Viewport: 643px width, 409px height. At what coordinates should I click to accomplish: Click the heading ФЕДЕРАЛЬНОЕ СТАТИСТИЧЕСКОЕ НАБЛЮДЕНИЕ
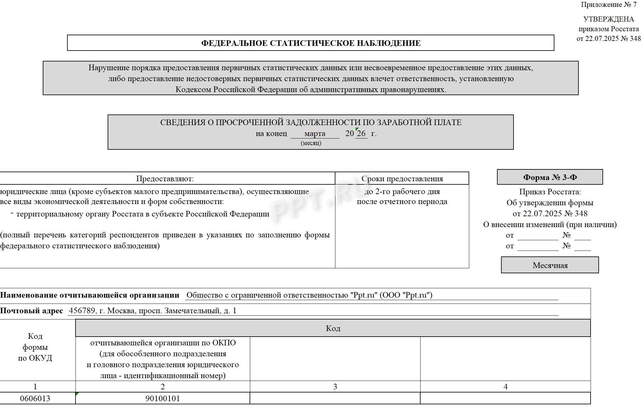[x=310, y=43]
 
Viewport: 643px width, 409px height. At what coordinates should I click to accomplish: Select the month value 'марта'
[x=314, y=134]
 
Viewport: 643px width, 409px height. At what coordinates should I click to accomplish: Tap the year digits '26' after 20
[x=361, y=134]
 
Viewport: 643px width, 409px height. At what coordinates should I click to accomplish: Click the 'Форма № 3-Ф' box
[x=550, y=177]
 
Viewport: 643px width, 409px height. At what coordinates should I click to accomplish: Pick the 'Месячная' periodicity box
[x=550, y=265]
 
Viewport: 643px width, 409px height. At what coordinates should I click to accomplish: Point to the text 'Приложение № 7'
[x=608, y=5]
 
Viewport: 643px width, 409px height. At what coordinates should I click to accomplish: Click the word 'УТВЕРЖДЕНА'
[x=608, y=19]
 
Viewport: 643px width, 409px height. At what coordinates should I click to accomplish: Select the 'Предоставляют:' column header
[x=165, y=179]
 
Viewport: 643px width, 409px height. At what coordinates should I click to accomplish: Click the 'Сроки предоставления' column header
[x=402, y=179]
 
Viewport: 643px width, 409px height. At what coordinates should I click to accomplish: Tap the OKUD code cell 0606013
[x=35, y=398]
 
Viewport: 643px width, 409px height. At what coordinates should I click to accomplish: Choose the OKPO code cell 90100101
[x=163, y=398]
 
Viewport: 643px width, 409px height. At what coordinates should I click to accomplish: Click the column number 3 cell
[x=335, y=387]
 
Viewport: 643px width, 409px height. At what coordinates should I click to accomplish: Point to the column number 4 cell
[x=505, y=387]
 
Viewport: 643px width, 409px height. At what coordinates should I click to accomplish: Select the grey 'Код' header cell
[x=333, y=328]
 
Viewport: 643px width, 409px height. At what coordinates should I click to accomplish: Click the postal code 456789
[x=82, y=311]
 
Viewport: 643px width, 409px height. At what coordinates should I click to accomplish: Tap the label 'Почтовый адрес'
[x=32, y=311]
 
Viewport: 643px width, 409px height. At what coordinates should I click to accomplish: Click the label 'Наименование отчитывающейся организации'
[x=90, y=295]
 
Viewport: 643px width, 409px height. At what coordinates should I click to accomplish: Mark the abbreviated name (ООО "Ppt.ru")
[x=406, y=295]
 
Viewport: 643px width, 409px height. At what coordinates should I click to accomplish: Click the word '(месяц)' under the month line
[x=311, y=143]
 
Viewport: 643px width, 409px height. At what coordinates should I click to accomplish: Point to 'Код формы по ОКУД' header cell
[x=35, y=347]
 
